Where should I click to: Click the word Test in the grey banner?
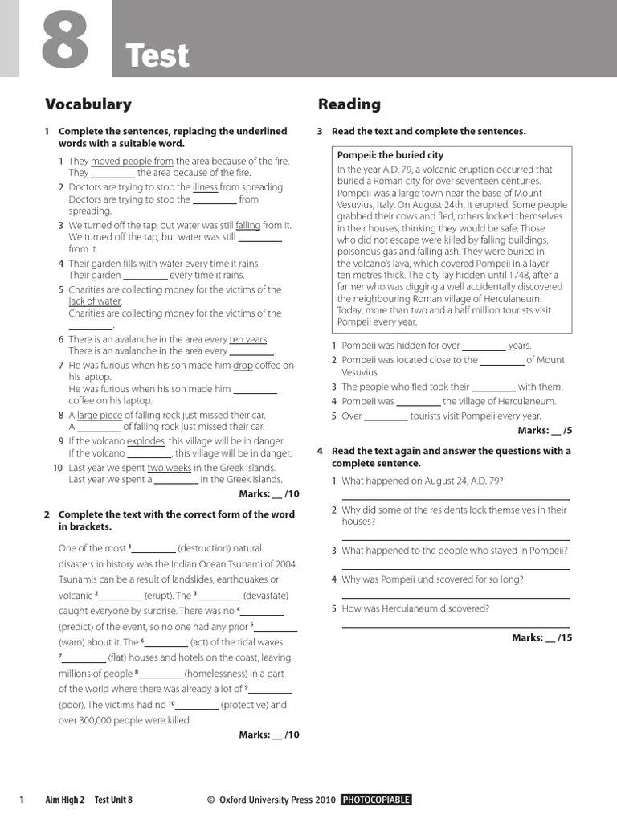coord(157,56)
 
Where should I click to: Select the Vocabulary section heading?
coord(88,104)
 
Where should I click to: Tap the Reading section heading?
coord(349,104)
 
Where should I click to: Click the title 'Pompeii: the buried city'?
coord(390,155)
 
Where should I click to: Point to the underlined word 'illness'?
coord(205,187)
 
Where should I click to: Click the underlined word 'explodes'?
coord(145,441)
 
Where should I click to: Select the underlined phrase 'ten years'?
coord(248,339)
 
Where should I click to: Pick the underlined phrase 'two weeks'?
coord(169,468)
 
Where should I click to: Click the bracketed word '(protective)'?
coord(253,705)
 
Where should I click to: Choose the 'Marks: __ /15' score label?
coord(542,637)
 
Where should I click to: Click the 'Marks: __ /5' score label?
coord(545,431)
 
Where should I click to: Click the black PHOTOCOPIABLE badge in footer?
coord(376,800)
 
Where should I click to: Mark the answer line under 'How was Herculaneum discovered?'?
coord(456,625)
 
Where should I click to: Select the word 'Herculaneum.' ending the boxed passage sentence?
coord(529,298)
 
